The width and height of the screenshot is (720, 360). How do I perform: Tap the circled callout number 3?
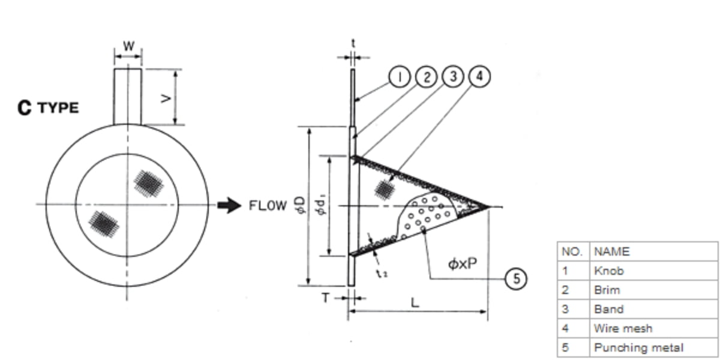[x=453, y=77]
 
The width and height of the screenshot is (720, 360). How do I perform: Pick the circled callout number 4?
[x=480, y=77]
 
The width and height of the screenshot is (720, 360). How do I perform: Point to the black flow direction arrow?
[x=228, y=206]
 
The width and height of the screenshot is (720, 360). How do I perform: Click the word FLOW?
[x=268, y=206]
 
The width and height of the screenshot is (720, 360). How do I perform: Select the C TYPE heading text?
[x=48, y=108]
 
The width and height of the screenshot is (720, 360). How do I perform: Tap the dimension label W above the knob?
[x=128, y=46]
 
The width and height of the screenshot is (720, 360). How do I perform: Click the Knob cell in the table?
[x=608, y=271]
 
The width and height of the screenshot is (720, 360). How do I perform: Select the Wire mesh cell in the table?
[x=622, y=328]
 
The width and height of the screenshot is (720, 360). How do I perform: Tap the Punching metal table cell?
[x=638, y=347]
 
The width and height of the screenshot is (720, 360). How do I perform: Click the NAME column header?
[x=611, y=251]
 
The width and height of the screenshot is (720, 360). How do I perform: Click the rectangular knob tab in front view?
[x=128, y=96]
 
